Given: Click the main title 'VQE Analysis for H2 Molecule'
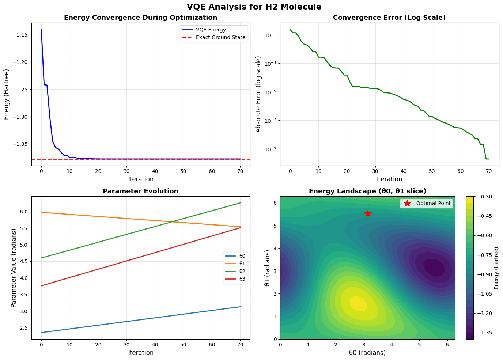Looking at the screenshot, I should pyautogui.click(x=254, y=7).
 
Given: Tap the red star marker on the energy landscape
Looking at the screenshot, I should pyautogui.click(x=368, y=213).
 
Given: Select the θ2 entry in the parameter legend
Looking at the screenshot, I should pyautogui.click(x=241, y=272).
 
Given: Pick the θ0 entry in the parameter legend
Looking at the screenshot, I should pyautogui.click(x=241, y=256).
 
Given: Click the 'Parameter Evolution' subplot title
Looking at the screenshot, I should pyautogui.click(x=141, y=191).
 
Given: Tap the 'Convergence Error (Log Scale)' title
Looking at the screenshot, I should pyautogui.click(x=389, y=18).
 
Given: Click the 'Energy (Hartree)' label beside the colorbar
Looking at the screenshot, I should pyautogui.click(x=496, y=268).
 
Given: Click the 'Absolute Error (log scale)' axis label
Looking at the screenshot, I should pyautogui.click(x=258, y=94).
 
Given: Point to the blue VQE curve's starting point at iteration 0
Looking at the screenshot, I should pyautogui.click(x=41, y=29).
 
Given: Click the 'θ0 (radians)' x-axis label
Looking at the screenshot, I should pyautogui.click(x=368, y=353).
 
